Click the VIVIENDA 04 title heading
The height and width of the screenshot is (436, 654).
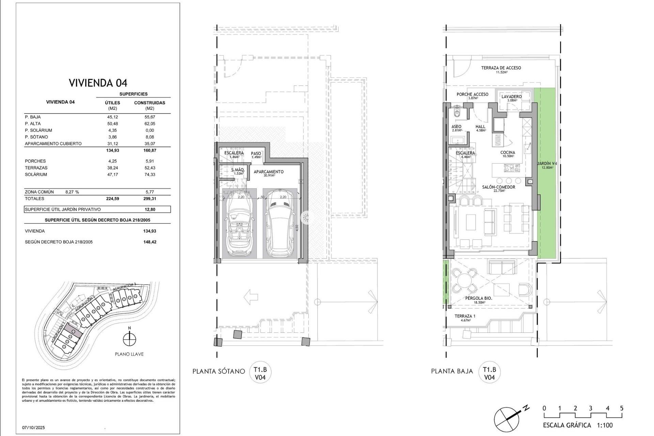click(x=98, y=83)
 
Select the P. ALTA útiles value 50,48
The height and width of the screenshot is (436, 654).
click(x=112, y=124)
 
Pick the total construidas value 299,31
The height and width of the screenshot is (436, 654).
click(x=150, y=199)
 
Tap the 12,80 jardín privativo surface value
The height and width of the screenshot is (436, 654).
click(x=150, y=209)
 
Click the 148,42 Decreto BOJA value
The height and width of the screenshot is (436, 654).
click(x=150, y=242)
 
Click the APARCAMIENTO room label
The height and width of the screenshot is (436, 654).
click(x=268, y=172)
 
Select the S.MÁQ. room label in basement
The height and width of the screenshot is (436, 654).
click(x=237, y=170)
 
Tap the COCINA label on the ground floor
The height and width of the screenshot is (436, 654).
click(x=508, y=153)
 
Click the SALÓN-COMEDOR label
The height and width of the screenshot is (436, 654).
click(x=498, y=187)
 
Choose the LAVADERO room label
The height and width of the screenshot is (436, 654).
click(x=511, y=97)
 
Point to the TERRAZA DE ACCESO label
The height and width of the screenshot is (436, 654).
click(x=501, y=68)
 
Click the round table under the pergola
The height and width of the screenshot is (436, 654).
click(x=464, y=281)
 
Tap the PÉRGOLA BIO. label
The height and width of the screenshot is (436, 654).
click(x=479, y=298)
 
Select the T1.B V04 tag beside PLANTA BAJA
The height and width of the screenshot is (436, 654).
click(x=489, y=373)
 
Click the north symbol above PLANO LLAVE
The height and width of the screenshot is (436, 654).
click(x=129, y=339)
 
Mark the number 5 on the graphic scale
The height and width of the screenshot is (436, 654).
click(x=622, y=408)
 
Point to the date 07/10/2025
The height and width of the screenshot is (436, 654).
click(x=33, y=427)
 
